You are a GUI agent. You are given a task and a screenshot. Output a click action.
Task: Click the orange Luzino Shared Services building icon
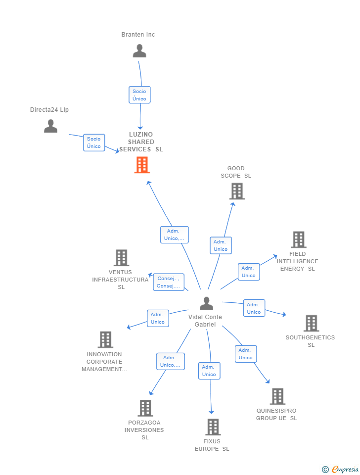click(x=142, y=165)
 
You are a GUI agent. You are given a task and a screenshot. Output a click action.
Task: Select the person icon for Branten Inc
click(x=139, y=51)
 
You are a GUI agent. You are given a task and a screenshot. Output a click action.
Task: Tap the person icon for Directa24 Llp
click(x=50, y=126)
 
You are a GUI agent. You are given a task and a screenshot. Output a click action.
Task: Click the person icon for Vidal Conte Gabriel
click(x=206, y=303)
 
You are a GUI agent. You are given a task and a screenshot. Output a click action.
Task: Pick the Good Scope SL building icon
click(x=237, y=191)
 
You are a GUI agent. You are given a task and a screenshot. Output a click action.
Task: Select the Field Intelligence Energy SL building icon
click(x=298, y=239)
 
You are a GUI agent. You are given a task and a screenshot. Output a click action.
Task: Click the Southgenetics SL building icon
click(x=311, y=323)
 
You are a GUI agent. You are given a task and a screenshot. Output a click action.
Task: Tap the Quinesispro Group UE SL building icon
click(x=277, y=396)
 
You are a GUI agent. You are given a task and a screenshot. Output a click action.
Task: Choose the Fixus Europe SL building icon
click(x=213, y=427)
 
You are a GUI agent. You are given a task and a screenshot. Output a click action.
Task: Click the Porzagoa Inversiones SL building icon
click(x=145, y=408)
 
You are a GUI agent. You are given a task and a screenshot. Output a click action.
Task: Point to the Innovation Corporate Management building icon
click(x=105, y=340)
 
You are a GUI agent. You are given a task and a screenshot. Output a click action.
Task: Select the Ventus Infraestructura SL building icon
click(x=121, y=258)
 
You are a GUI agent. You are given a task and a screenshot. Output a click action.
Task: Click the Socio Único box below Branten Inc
click(x=139, y=95)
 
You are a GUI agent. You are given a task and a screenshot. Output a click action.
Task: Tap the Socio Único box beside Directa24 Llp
click(x=94, y=142)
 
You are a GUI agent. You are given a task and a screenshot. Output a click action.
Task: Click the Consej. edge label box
click(x=168, y=282)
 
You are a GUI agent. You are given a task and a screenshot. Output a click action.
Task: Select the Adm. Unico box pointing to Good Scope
click(x=221, y=245)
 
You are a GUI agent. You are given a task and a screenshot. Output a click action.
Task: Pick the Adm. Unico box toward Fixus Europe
click(x=209, y=371)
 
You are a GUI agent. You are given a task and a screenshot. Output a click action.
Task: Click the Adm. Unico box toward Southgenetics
click(x=254, y=308)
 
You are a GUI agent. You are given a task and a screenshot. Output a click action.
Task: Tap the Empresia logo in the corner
click(x=340, y=469)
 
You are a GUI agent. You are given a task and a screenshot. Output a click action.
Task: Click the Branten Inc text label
click(x=138, y=35)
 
